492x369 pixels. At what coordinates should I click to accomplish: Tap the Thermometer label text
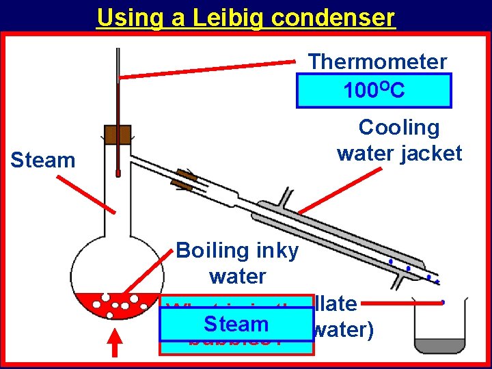point(377,61)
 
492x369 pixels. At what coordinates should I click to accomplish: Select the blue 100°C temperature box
point(374,90)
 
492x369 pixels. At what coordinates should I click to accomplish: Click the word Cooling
point(399,127)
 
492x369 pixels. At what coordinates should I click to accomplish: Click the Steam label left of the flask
point(43,161)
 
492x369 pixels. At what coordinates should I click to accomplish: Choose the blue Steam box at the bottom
point(236,324)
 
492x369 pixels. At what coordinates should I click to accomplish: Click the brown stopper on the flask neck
point(118,135)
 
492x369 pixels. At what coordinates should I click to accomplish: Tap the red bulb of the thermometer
point(118,174)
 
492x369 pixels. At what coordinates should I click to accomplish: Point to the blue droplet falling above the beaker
point(443,301)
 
